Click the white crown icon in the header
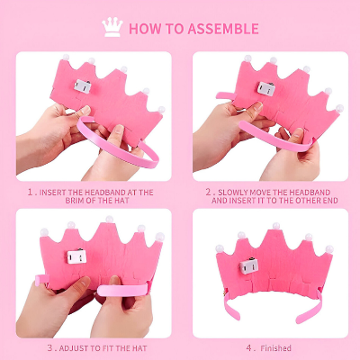pyautogui.click(x=112, y=27)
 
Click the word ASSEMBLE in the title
pyautogui.click(x=223, y=29)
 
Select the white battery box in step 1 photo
pyautogui.click(x=83, y=86)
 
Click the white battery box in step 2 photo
pyautogui.click(x=266, y=89)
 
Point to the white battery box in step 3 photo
pyautogui.click(x=76, y=256)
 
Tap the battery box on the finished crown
pyautogui.click(x=249, y=265)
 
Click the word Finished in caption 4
pyautogui.click(x=275, y=348)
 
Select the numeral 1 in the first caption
pyautogui.click(x=31, y=193)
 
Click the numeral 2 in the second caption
pyautogui.click(x=209, y=193)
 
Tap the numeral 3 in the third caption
pyautogui.click(x=50, y=348)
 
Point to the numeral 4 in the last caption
pyautogui.click(x=249, y=348)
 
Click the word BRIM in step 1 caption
pyautogui.click(x=74, y=201)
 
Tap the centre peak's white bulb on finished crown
pyautogui.click(x=276, y=226)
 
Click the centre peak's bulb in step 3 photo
pyautogui.click(x=110, y=220)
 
